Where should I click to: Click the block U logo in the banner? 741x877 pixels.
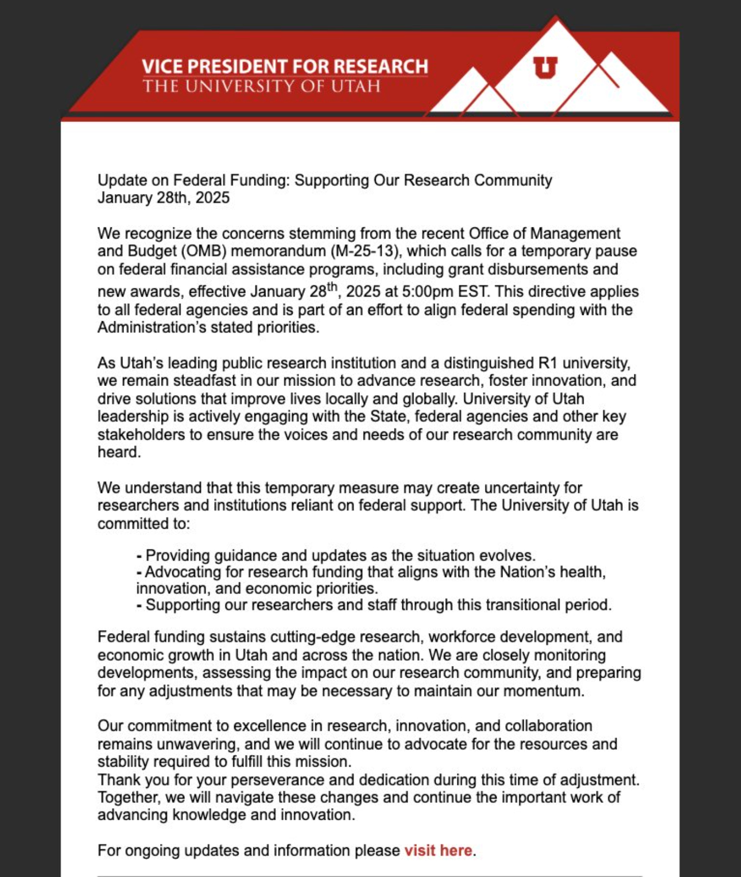pyautogui.click(x=545, y=67)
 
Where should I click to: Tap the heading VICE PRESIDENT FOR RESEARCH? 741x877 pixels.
pyautogui.click(x=285, y=66)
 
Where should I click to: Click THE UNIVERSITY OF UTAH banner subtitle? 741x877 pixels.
pyautogui.click(x=261, y=86)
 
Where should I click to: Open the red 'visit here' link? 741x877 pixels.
pyautogui.click(x=438, y=850)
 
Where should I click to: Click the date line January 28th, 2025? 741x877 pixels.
pyautogui.click(x=163, y=198)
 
